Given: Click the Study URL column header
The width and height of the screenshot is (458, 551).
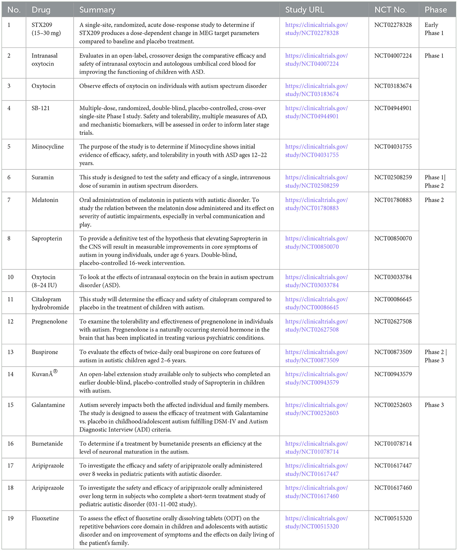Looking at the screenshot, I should pyautogui.click(x=304, y=10).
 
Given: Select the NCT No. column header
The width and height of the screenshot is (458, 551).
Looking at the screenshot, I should pyautogui.click(x=390, y=10).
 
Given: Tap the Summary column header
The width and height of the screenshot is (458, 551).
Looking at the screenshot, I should pyautogui.click(x=97, y=10).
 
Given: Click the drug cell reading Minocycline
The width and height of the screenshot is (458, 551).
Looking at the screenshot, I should pyautogui.click(x=48, y=146).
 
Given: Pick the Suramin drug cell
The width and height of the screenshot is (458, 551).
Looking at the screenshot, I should pyautogui.click(x=43, y=177).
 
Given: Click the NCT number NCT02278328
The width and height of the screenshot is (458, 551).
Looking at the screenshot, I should pyautogui.click(x=393, y=25).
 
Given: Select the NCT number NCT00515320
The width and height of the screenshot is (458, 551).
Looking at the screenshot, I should pyautogui.click(x=393, y=518).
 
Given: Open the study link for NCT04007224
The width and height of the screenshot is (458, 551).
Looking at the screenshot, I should pyautogui.click(x=316, y=60).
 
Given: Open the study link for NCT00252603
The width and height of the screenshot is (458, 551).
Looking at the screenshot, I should pyautogui.click(x=316, y=409).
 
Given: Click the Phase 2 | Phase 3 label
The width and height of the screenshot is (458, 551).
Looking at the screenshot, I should pyautogui.click(x=436, y=356).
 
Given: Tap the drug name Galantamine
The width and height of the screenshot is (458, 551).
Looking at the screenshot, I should pyautogui.click(x=48, y=405).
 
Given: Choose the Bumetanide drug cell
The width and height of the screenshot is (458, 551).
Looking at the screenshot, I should pyautogui.click(x=47, y=443).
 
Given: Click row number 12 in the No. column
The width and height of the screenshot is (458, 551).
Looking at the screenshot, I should pyautogui.click(x=11, y=321).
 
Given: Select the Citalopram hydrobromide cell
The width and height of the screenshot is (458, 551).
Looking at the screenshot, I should pyautogui.click(x=50, y=303).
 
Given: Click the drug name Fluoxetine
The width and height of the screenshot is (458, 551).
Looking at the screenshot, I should pyautogui.click(x=45, y=518).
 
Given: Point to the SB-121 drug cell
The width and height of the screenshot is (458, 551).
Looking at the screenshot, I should pyautogui.click(x=41, y=108).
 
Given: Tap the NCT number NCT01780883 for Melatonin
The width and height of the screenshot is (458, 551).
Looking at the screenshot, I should pyautogui.click(x=393, y=200).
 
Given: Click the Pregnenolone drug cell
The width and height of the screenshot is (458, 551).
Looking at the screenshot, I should pyautogui.click(x=50, y=321).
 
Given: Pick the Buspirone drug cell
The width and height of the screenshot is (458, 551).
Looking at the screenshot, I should pyautogui.click(x=45, y=352).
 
